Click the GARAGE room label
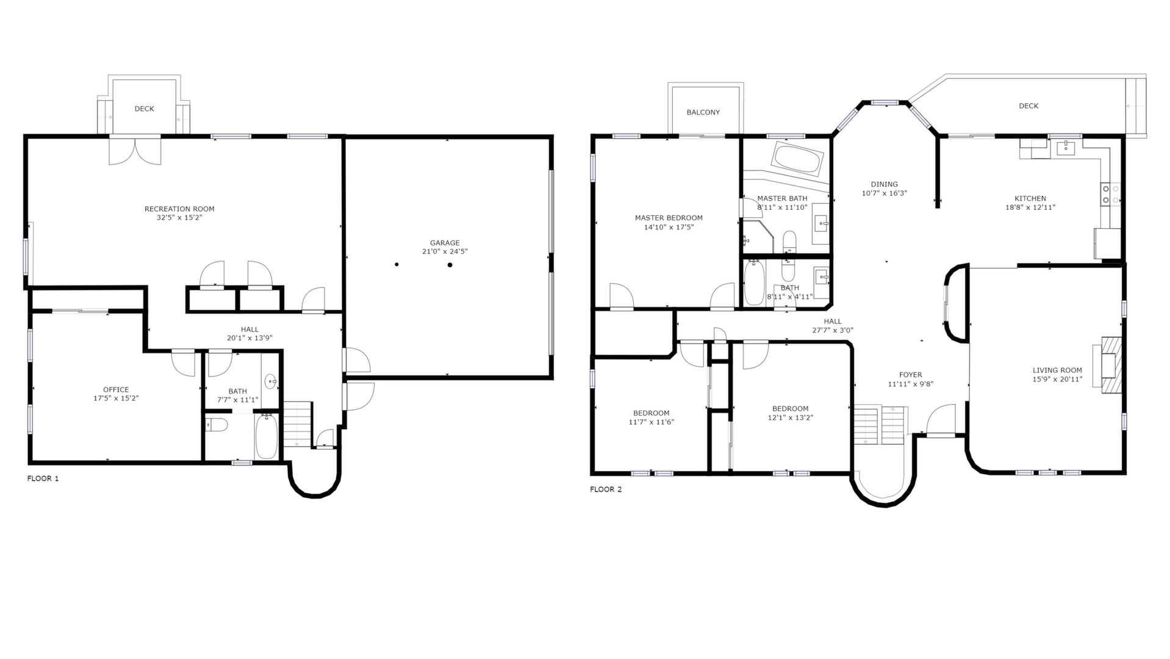(x=445, y=243)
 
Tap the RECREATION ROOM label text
(x=179, y=209)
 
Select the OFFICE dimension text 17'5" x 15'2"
(x=116, y=398)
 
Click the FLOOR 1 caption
(x=43, y=478)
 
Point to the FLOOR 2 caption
(x=606, y=489)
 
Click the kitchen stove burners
(x=1110, y=194)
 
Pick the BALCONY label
(x=703, y=112)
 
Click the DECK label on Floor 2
(x=1028, y=106)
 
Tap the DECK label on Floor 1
(x=145, y=109)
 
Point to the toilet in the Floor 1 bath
(x=216, y=424)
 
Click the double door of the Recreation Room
(x=135, y=150)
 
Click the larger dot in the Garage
(x=450, y=264)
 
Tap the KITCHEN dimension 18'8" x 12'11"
(x=1030, y=207)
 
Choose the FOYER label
(x=911, y=375)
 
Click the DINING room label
(x=885, y=184)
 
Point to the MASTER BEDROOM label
(x=669, y=218)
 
